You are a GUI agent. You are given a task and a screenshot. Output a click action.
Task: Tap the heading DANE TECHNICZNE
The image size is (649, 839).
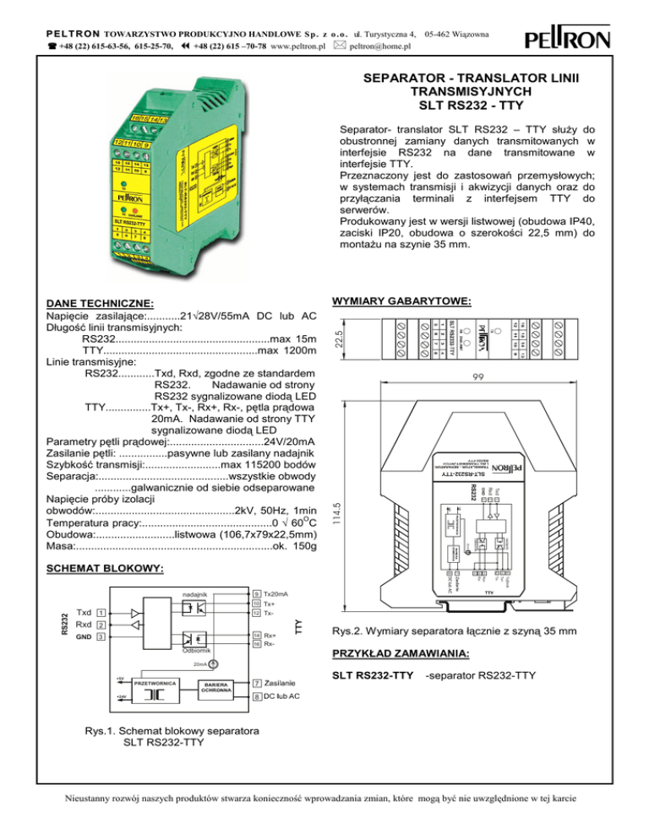[99, 303]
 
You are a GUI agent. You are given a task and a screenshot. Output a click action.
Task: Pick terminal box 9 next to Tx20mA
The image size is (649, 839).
[256, 594]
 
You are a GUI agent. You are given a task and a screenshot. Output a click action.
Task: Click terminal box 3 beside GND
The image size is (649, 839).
[101, 637]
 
